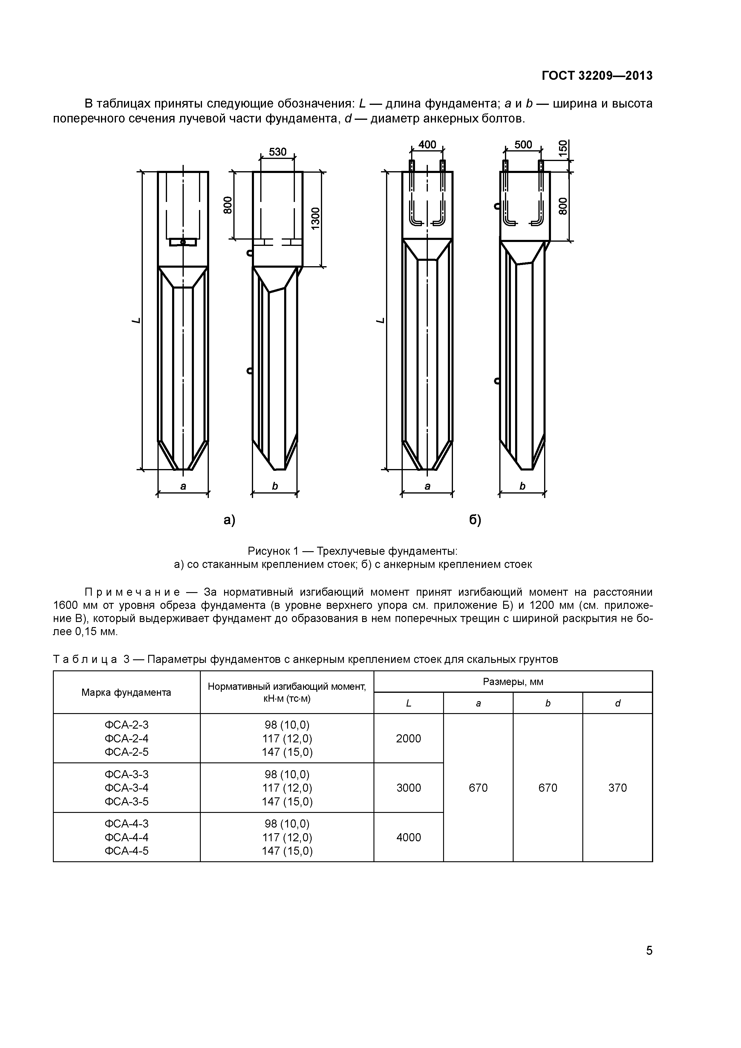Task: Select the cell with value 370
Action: tap(617, 788)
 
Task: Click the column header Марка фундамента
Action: tap(126, 692)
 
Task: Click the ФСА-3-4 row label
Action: tap(126, 788)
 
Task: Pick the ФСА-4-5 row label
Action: tap(126, 851)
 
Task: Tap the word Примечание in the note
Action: tap(132, 592)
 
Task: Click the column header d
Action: tap(617, 703)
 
